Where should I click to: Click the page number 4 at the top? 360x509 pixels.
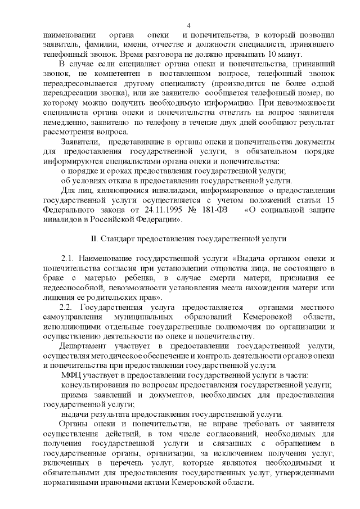[189, 25]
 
